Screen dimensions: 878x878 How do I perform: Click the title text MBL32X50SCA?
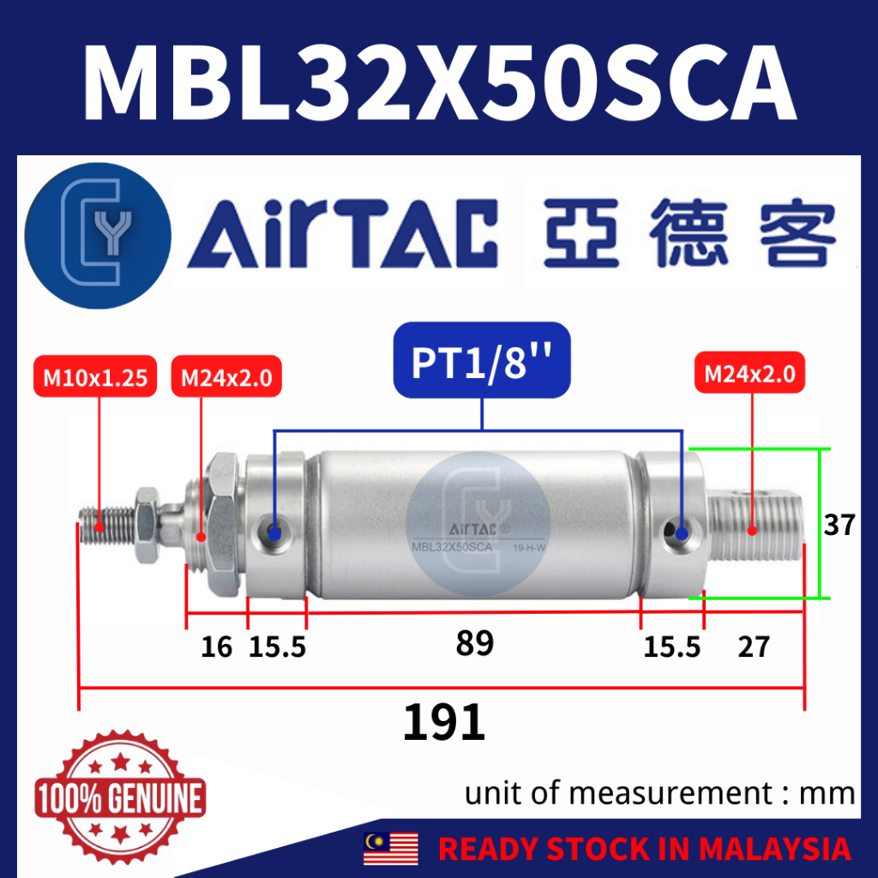pos(439,79)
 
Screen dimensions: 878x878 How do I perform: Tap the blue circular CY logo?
pos(97,232)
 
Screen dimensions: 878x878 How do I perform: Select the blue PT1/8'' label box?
pos(482,361)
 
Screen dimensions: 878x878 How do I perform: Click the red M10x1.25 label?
pos(94,376)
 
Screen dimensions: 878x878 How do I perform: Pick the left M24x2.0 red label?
pos(226,376)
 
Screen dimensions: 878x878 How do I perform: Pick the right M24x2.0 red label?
pos(749,374)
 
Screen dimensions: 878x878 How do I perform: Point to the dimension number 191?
pos(444,723)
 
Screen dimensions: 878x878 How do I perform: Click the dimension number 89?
pos(475,643)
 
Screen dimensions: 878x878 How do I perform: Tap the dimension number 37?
pos(839,524)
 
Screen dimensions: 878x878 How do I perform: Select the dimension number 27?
pos(753,646)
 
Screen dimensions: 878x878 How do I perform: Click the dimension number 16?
pos(217,646)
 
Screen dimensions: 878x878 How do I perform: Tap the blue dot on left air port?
pos(274,533)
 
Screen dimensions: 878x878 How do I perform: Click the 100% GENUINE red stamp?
pos(120,797)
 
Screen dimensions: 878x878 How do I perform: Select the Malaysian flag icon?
pos(391,848)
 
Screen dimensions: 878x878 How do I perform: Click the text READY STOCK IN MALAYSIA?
pos(644,849)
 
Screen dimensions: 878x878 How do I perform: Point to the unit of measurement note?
pos(659,793)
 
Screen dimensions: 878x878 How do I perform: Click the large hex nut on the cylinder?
pos(222,523)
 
